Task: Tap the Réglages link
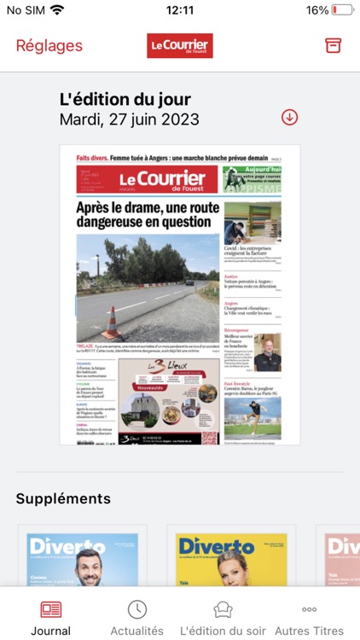49,46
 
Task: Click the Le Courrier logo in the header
180,46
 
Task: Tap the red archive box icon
333,46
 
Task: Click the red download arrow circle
290,118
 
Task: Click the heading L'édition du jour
125,99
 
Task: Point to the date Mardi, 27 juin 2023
129,119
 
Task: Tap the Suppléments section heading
63,498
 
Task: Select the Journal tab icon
50,609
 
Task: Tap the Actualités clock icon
136,609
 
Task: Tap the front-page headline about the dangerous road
147,215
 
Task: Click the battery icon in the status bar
343,10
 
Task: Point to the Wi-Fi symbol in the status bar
57,10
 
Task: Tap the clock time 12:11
180,10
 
